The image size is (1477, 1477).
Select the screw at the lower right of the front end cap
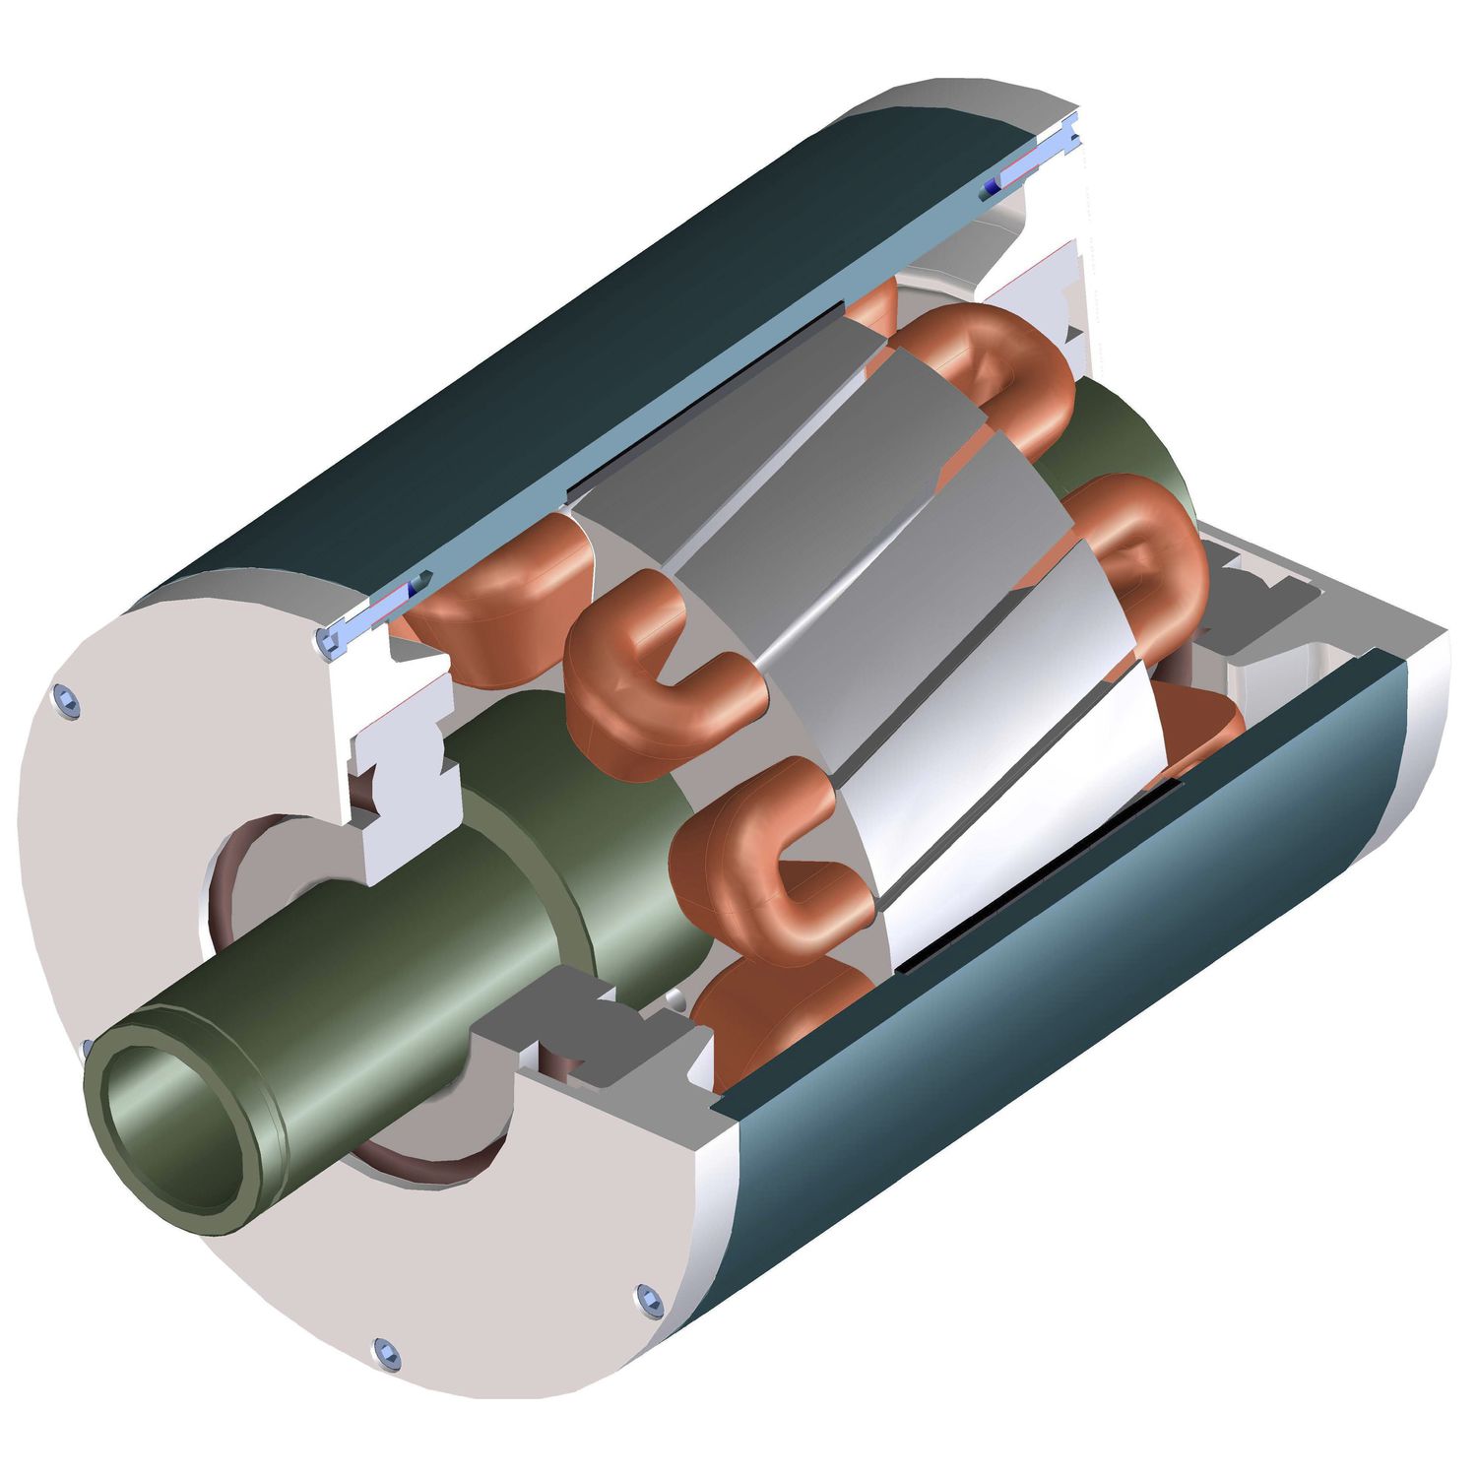point(648,1300)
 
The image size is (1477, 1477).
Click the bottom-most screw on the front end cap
point(388,1355)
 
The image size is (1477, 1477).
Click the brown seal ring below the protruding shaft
point(414,1167)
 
